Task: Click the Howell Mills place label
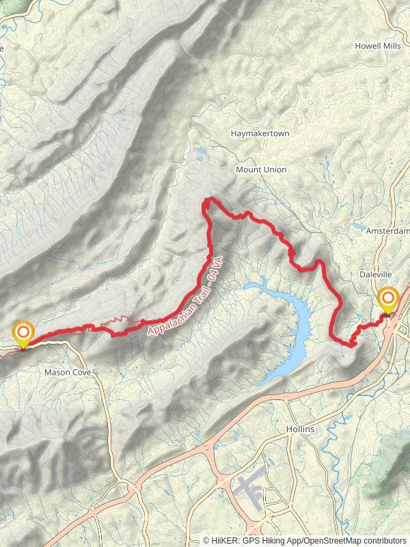[378, 46]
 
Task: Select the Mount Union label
[261, 169]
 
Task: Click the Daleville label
[376, 273]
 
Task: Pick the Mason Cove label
[68, 373]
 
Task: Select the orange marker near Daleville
[388, 299]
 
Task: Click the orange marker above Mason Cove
[23, 333]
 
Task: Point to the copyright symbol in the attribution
[206, 540]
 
